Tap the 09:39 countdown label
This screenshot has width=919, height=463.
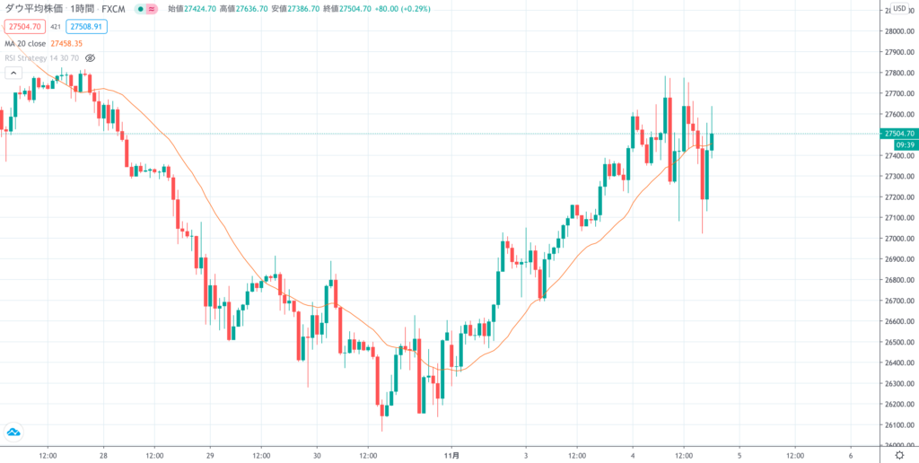(897, 144)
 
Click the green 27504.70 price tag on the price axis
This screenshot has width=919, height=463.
(898, 134)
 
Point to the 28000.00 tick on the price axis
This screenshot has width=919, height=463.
(897, 31)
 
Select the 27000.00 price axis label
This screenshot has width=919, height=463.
(897, 239)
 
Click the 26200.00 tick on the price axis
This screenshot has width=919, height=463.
(897, 405)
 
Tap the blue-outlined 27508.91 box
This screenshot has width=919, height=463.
(86, 27)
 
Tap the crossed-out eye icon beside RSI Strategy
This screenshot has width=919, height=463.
(90, 58)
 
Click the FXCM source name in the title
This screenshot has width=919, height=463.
(114, 9)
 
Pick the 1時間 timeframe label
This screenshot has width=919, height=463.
(80, 9)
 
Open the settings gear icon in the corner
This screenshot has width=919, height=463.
(898, 455)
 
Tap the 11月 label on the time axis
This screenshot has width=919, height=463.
(454, 455)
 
